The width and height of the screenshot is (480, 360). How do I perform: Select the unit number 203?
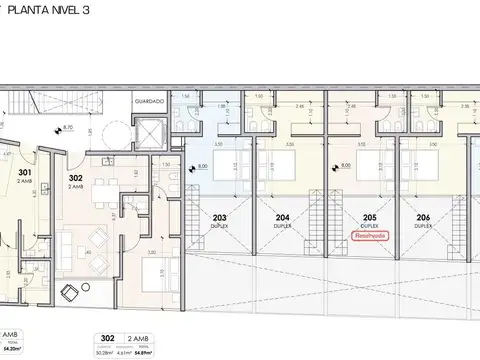[x=220, y=217]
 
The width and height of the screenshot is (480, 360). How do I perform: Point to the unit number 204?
[x=283, y=217]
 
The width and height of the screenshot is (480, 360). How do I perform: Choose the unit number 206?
[x=425, y=217]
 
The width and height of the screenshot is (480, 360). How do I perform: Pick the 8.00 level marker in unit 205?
[x=344, y=166]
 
